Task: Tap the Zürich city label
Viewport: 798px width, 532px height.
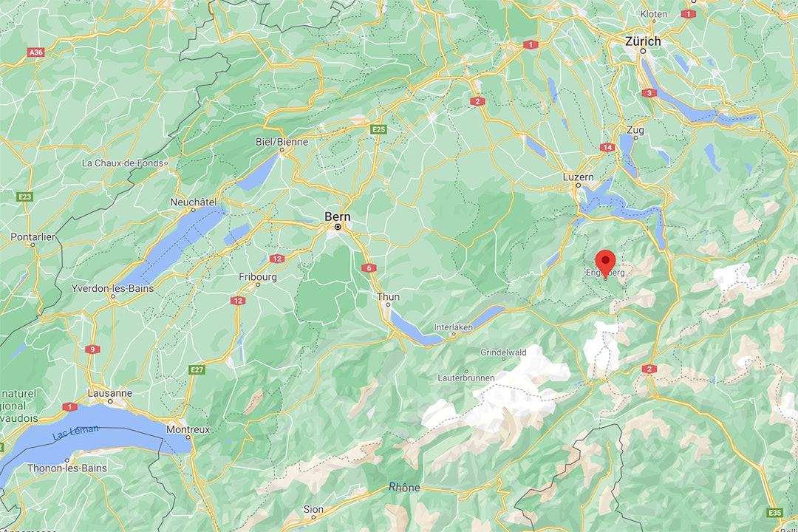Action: click(643, 41)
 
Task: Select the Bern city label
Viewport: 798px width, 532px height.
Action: click(338, 216)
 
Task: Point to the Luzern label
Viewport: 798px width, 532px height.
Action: click(578, 177)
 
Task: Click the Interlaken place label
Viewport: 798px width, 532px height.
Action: click(453, 327)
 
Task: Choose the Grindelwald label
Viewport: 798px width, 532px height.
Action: click(503, 352)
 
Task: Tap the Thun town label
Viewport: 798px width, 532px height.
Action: click(388, 297)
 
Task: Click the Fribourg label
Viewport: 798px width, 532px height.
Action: click(258, 277)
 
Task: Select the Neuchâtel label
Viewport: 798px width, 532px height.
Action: click(193, 202)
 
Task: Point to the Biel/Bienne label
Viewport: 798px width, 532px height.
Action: click(282, 141)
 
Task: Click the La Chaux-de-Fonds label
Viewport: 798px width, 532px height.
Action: click(123, 163)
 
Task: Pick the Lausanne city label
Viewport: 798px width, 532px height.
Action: click(109, 393)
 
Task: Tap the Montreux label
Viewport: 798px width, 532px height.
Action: click(188, 429)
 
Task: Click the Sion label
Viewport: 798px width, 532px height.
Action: click(313, 510)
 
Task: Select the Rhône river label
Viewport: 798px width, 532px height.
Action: click(404, 487)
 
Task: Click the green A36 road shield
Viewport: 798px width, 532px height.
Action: click(35, 52)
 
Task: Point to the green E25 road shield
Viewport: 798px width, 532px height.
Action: click(379, 129)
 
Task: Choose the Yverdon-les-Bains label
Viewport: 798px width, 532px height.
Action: click(113, 288)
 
